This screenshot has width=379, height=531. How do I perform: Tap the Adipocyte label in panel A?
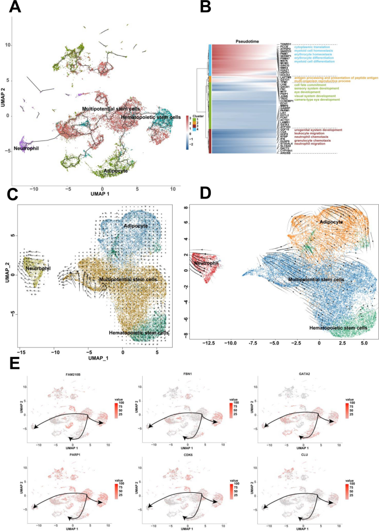[113, 171]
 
